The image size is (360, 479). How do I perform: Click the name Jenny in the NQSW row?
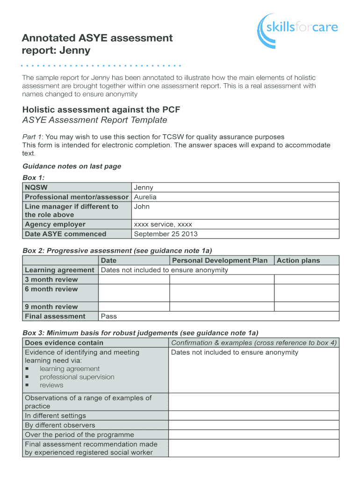143,188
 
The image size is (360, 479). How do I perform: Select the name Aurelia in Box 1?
145,197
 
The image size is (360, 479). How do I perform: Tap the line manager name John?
142,206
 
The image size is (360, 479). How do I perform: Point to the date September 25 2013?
166,234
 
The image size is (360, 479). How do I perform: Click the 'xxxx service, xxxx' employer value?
163,224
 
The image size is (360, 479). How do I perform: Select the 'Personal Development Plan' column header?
220,261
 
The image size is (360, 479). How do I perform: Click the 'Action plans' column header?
298,261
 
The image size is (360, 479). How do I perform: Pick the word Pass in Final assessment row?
108,316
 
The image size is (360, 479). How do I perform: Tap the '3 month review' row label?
51,280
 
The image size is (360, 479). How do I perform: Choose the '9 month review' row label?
51,307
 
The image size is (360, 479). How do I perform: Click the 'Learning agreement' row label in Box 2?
59,270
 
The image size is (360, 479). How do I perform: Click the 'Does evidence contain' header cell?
64,342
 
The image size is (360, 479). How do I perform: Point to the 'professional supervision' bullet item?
77,377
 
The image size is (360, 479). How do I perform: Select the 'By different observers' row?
60,425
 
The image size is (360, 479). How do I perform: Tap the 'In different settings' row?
55,415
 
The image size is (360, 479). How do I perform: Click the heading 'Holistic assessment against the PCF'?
101,110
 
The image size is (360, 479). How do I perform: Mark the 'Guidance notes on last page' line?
72,166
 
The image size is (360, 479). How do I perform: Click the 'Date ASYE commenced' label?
65,234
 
